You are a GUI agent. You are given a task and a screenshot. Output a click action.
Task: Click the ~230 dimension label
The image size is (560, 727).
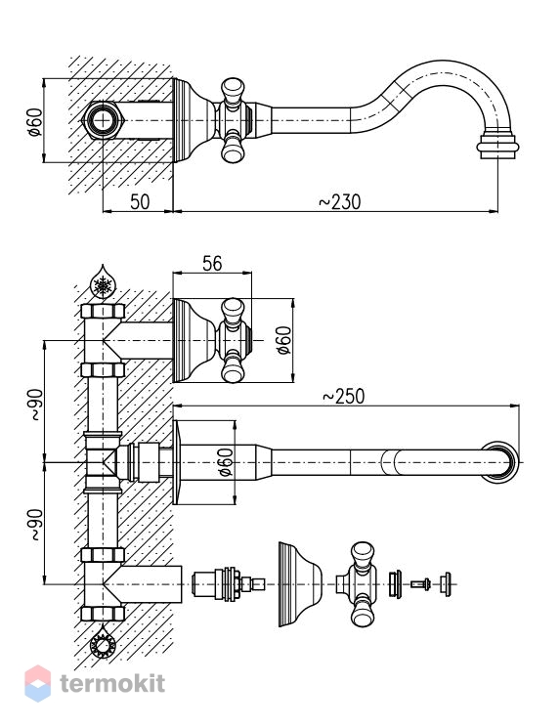pos(340,201)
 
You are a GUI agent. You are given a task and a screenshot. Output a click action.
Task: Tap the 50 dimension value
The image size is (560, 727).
pos(140,201)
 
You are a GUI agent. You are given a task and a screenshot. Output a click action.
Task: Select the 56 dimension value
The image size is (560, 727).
pos(212,264)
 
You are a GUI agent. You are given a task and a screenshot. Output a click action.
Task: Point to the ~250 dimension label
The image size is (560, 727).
pos(343,397)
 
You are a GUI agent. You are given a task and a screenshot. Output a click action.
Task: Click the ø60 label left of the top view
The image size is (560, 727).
pos(35,121)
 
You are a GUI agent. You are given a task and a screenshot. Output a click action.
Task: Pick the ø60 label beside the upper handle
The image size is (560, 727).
pos(283,340)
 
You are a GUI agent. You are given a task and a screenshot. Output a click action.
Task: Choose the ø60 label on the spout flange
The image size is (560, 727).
pos(226,462)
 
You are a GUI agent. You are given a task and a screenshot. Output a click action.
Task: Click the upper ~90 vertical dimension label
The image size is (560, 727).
pos(36,405)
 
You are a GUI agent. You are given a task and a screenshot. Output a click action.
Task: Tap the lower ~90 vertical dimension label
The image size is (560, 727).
pos(36,525)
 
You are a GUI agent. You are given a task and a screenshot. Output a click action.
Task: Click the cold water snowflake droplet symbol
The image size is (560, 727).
pos(103,282)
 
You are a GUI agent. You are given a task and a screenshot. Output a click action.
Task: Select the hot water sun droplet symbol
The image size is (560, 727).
pos(103,641)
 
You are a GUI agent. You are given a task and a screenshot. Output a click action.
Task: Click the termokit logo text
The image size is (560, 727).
pos(112,683)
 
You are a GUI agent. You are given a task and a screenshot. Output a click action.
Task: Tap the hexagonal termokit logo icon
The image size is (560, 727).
pos(37,683)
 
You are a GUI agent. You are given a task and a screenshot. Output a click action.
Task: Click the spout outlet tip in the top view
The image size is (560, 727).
pos(497,147)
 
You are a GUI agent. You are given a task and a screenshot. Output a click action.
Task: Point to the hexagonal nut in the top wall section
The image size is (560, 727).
pos(103,120)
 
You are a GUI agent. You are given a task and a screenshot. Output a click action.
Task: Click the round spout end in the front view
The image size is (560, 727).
pos(499,462)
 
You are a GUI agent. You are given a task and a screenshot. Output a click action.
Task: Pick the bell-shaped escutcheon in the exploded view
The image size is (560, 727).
pos(300,584)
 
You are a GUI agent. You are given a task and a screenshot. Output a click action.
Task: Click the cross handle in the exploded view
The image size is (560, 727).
pos(358,584)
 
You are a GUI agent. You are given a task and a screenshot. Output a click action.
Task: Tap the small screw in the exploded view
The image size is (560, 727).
pos(421,584)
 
